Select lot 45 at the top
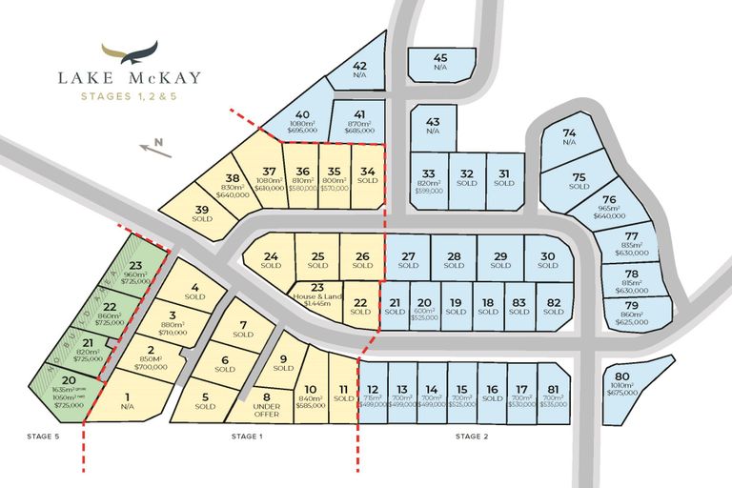pos(440,63)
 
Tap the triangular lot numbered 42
pos(356,71)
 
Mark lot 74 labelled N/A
pos(569,138)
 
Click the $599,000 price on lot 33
pos(429,193)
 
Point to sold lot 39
pos(201,214)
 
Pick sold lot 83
pos(518,306)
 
